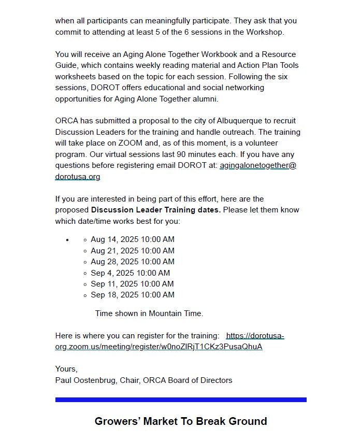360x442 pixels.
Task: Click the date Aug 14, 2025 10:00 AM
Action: (x=132, y=239)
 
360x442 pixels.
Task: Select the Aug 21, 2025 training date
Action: (x=132, y=251)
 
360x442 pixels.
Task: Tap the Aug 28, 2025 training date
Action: (x=132, y=262)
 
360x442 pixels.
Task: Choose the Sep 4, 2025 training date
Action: (x=130, y=273)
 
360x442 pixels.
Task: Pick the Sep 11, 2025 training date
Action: (x=132, y=284)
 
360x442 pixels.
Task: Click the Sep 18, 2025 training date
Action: (x=132, y=295)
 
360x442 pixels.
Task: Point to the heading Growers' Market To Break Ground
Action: (x=181, y=421)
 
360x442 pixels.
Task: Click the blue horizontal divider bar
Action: (x=181, y=400)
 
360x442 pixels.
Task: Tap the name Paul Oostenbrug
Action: (x=85, y=380)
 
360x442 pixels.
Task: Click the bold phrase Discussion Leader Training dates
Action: (x=156, y=210)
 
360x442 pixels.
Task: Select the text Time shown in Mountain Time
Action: (x=149, y=313)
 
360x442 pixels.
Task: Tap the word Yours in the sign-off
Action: (x=66, y=369)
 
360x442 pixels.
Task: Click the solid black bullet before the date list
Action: (x=67, y=240)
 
